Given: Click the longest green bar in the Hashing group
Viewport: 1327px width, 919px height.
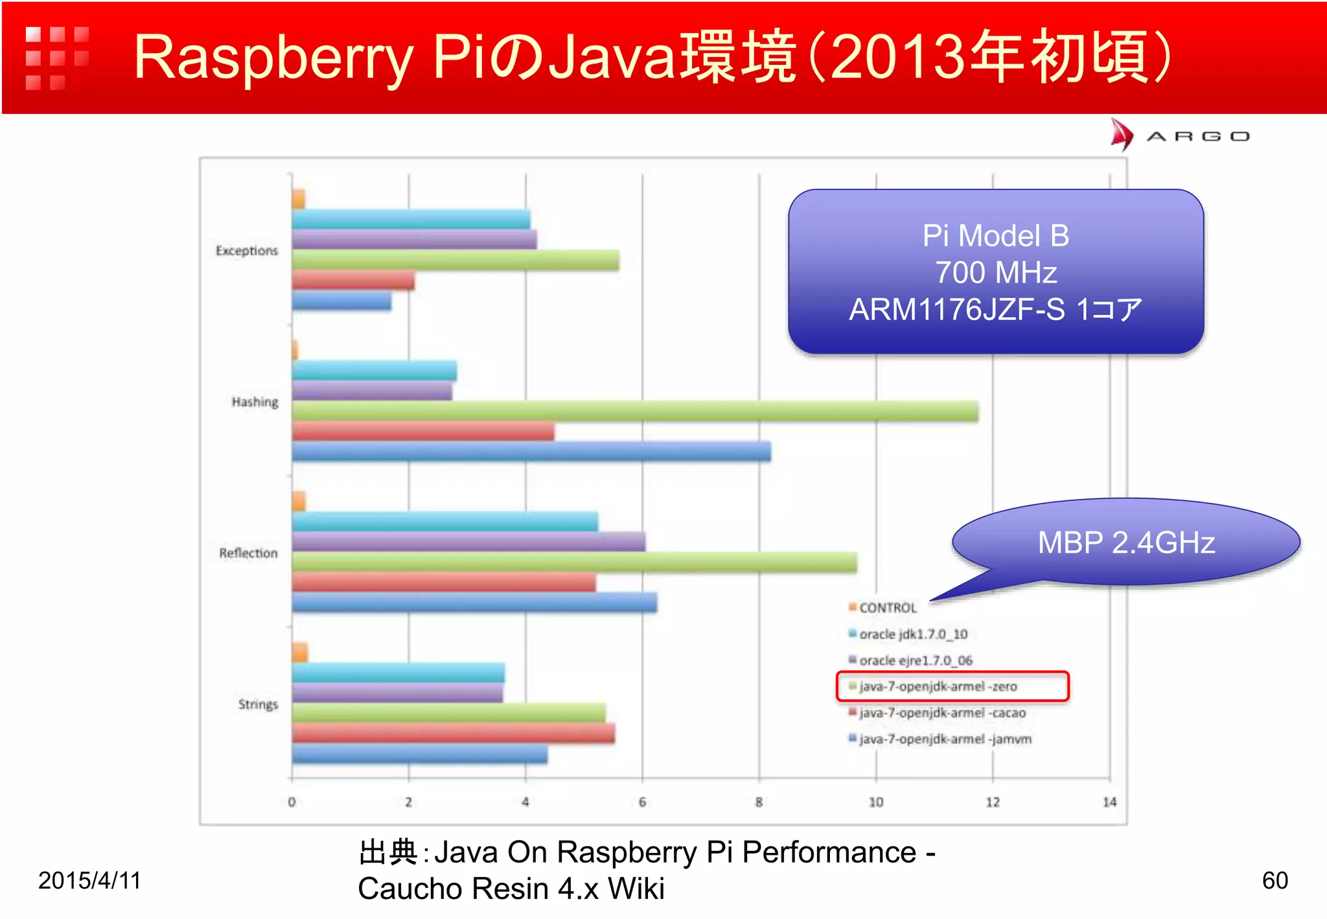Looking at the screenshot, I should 635,412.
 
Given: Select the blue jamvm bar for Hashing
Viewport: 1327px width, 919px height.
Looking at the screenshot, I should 531,452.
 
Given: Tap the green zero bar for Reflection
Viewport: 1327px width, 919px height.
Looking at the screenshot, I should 574,563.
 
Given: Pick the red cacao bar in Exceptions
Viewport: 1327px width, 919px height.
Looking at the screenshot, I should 353,281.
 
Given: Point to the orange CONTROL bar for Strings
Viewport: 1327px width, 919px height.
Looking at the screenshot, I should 299,653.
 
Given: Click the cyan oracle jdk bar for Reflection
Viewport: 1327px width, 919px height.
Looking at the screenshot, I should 444,522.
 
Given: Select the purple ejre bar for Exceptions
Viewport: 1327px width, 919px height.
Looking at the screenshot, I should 414,240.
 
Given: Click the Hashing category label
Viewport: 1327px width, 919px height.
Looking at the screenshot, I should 255,402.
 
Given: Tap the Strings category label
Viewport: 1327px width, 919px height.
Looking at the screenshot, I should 258,704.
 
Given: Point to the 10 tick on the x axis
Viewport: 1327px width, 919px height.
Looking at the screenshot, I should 876,802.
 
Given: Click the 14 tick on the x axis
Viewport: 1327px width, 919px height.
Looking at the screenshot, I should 1109,802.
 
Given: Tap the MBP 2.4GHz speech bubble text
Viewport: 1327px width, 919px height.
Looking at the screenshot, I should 1126,542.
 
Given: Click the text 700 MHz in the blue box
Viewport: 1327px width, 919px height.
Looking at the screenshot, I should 996,272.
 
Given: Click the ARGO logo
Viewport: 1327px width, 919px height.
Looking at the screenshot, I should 1179,136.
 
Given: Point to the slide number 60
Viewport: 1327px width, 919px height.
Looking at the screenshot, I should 1275,880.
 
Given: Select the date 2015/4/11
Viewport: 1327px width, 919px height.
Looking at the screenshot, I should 89,880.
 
